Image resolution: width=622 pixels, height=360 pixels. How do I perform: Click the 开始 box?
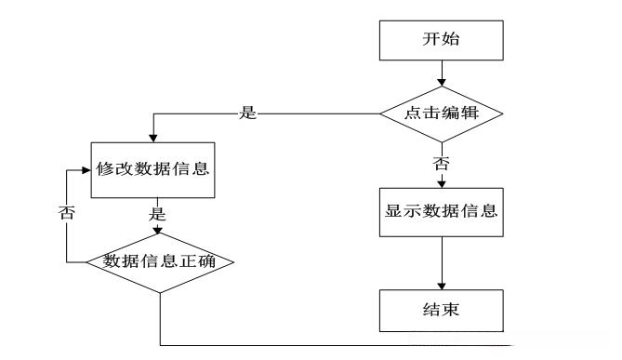tap(441, 40)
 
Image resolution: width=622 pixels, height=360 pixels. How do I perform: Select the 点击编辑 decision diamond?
tap(441, 113)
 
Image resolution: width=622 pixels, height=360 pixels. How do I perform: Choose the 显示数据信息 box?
tap(441, 209)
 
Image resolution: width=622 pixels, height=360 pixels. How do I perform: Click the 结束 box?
tap(441, 309)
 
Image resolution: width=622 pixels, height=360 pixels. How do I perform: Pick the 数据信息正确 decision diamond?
tap(160, 261)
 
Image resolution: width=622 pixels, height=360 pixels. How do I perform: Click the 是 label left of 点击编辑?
tap(247, 113)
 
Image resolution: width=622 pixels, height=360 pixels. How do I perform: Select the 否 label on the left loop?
tap(66, 213)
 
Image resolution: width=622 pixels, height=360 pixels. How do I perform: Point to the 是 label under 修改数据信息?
tap(157, 213)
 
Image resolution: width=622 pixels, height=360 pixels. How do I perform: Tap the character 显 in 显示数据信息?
tap(394, 209)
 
